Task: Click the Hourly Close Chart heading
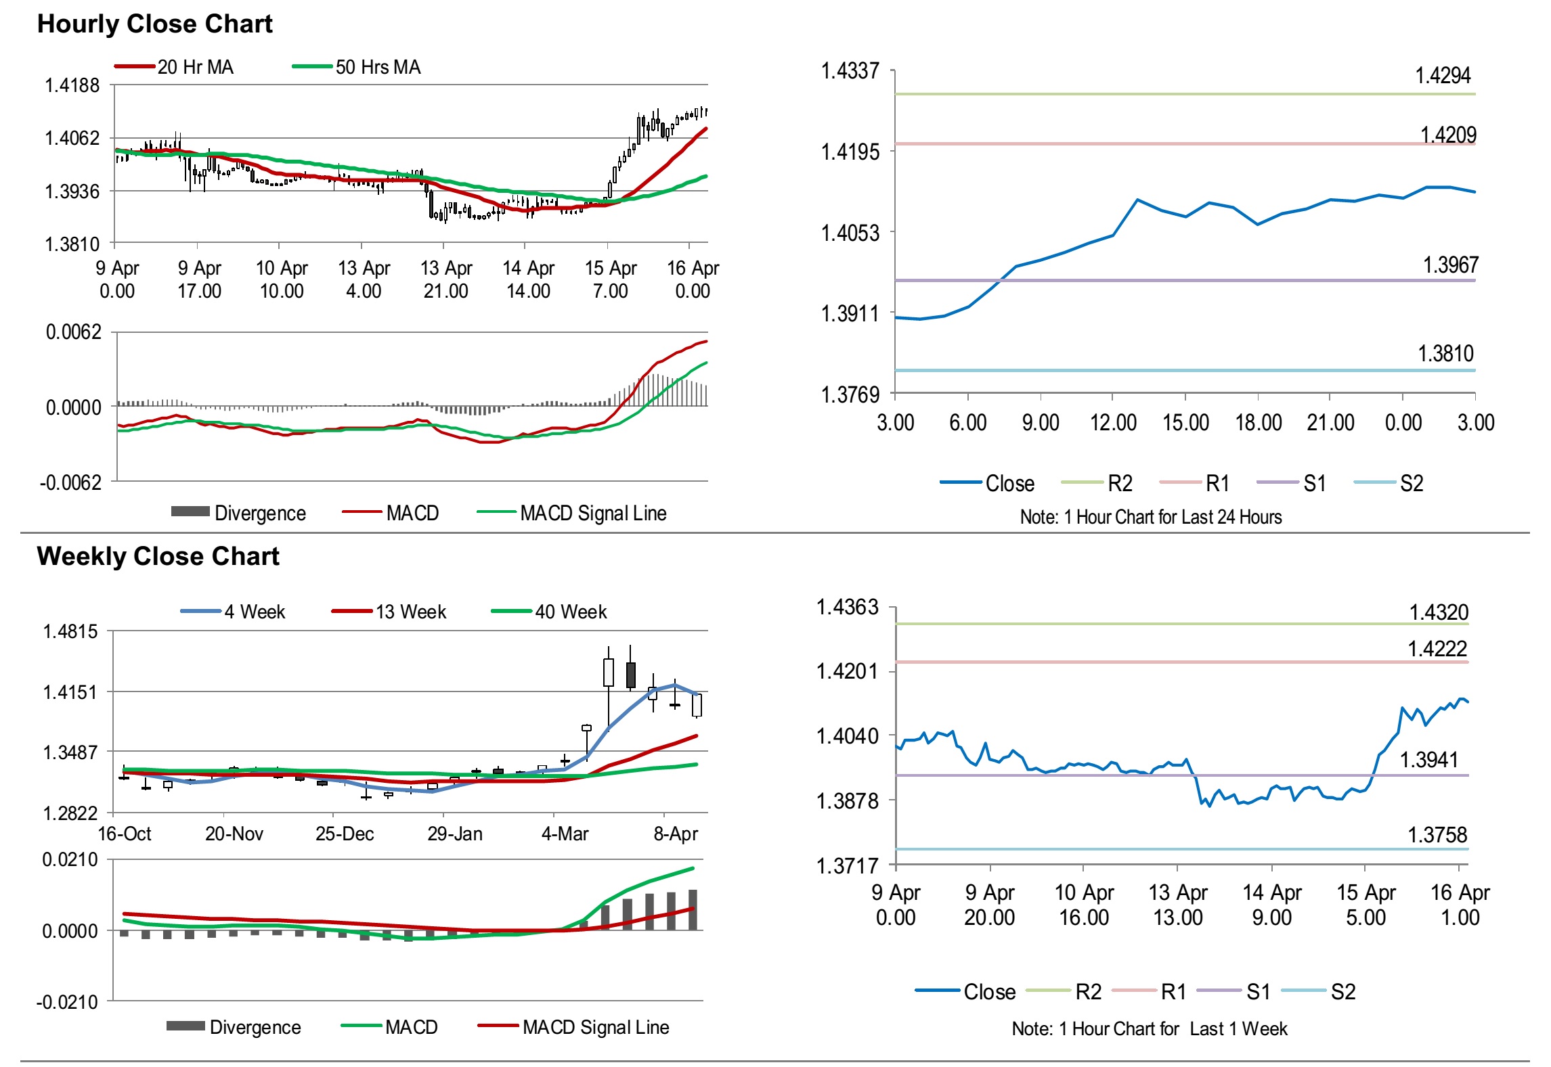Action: (x=154, y=24)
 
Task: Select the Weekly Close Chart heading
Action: (x=158, y=556)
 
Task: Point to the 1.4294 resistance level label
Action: (x=1443, y=76)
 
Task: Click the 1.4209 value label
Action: (x=1448, y=135)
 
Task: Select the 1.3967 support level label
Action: (x=1450, y=265)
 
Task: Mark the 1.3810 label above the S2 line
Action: (x=1445, y=354)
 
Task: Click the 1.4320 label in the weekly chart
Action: (x=1439, y=613)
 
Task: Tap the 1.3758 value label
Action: (x=1437, y=836)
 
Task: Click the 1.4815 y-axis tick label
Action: (x=70, y=632)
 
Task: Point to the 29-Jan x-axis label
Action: (x=455, y=834)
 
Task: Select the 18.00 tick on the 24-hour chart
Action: (x=1258, y=423)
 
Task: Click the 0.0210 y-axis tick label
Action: (x=70, y=860)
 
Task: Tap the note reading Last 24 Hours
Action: (x=1151, y=518)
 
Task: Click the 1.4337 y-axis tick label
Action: (x=850, y=71)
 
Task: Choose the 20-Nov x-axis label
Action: (x=234, y=834)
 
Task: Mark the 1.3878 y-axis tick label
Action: (x=847, y=801)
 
